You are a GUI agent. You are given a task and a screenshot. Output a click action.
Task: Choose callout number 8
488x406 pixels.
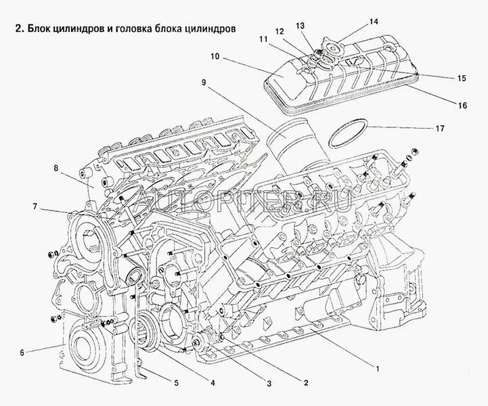pos(57,168)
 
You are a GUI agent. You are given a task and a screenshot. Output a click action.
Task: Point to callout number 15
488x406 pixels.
pos(462,78)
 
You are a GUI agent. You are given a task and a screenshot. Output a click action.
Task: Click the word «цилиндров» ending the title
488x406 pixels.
pos(214,30)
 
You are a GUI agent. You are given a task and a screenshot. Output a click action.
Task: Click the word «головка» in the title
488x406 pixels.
pos(135,30)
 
